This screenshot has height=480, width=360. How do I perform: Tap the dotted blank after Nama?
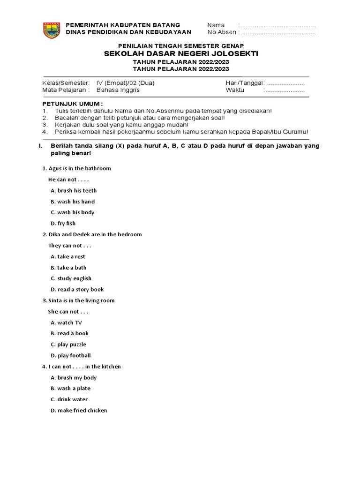[x=279, y=25]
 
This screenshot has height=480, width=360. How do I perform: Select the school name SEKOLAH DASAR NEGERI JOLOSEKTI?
[x=181, y=54]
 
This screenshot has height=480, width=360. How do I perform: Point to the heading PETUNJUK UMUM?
[x=73, y=103]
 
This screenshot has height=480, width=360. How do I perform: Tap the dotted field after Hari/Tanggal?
[x=286, y=83]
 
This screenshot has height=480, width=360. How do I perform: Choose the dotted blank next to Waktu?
[x=286, y=90]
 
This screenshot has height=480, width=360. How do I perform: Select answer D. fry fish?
[x=63, y=224]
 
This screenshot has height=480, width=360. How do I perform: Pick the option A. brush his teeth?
[x=74, y=191]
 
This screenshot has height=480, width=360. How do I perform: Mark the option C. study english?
[x=71, y=278]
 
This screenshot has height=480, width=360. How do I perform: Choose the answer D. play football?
[x=71, y=355]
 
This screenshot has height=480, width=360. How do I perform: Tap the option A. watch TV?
[x=66, y=322]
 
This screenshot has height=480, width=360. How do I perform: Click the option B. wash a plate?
[x=71, y=389]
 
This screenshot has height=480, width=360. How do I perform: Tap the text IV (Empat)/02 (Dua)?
[x=125, y=83]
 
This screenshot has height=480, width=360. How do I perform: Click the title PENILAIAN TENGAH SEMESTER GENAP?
[x=181, y=45]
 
